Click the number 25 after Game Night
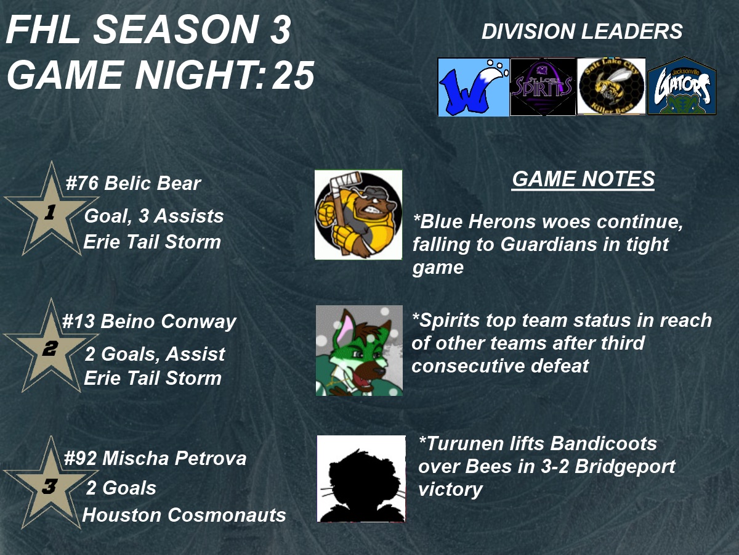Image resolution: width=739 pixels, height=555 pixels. pyautogui.click(x=293, y=76)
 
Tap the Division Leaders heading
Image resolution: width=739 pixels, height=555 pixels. pyautogui.click(x=582, y=31)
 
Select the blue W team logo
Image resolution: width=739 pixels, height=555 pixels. pyautogui.click(x=473, y=87)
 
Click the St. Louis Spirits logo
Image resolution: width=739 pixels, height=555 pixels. pyautogui.click(x=543, y=87)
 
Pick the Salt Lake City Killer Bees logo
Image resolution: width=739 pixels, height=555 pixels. pyautogui.click(x=612, y=86)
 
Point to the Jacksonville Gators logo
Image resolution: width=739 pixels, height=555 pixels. pyautogui.click(x=682, y=86)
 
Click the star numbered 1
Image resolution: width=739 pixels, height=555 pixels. pyautogui.click(x=51, y=209)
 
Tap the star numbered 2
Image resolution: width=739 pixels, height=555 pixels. pyautogui.click(x=51, y=346)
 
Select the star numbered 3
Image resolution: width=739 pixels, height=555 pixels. pyautogui.click(x=51, y=483)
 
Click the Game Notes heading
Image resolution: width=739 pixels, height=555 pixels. pyautogui.click(x=583, y=179)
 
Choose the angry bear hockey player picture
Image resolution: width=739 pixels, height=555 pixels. pyautogui.click(x=358, y=215)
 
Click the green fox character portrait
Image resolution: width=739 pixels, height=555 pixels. pyautogui.click(x=359, y=350)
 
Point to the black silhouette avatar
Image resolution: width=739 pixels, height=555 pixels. pyautogui.click(x=361, y=479)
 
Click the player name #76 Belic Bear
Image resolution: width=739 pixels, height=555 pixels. pyautogui.click(x=133, y=183)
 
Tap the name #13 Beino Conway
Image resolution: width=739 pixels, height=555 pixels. pyautogui.click(x=149, y=321)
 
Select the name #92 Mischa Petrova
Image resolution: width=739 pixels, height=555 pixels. pyautogui.click(x=155, y=458)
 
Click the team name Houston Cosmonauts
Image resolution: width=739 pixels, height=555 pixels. pyautogui.click(x=184, y=515)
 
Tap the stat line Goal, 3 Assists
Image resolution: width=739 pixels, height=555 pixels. pyautogui.click(x=154, y=216)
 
